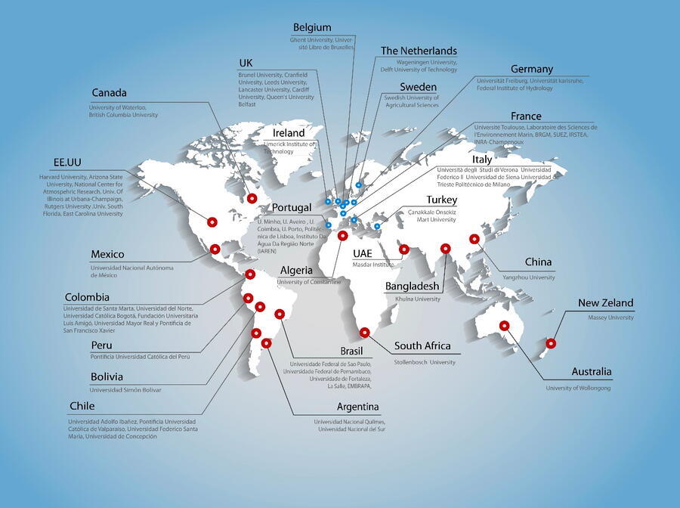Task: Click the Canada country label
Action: (x=109, y=93)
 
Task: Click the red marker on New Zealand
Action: (x=551, y=343)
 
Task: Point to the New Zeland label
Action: (x=605, y=303)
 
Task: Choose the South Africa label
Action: (x=422, y=346)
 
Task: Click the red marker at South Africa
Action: (x=364, y=332)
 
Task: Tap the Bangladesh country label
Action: (x=412, y=287)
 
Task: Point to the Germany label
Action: (x=531, y=70)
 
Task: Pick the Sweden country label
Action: (x=418, y=87)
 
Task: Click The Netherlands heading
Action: (x=419, y=51)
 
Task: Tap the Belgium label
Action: (x=312, y=28)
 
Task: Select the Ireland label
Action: (x=289, y=133)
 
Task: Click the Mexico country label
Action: (x=107, y=255)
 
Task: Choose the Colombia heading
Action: (x=87, y=297)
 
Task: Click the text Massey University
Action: (x=610, y=317)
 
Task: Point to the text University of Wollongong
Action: (x=578, y=388)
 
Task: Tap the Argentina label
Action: (x=358, y=407)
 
